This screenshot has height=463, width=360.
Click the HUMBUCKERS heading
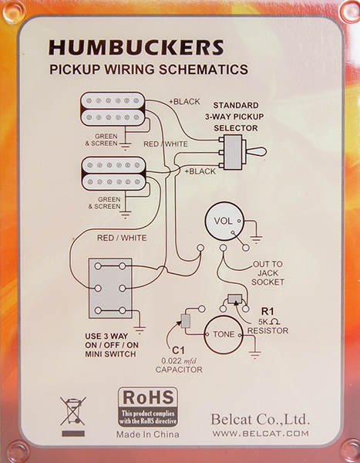[136, 48]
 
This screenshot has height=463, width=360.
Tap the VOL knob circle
[224, 221]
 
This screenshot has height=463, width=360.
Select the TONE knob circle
[224, 335]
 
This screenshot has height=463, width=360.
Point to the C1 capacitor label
[178, 350]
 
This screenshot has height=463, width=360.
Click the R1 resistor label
[267, 311]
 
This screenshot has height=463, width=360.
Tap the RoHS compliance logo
[148, 407]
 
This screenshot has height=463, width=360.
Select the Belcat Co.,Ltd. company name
[260, 419]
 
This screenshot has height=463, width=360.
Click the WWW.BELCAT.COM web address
[261, 434]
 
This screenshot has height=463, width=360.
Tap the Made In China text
[147, 434]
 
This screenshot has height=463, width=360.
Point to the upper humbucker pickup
[113, 109]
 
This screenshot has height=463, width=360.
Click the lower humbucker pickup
[113, 174]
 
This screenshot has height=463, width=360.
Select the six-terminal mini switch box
[110, 288]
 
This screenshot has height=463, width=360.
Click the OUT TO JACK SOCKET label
[267, 273]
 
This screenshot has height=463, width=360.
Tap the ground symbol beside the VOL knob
[256, 238]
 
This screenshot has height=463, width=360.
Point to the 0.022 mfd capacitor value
[179, 361]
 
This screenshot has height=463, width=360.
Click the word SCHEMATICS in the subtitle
[204, 69]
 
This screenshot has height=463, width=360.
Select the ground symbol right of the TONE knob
[254, 353]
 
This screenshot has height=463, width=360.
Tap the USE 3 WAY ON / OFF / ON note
[112, 345]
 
